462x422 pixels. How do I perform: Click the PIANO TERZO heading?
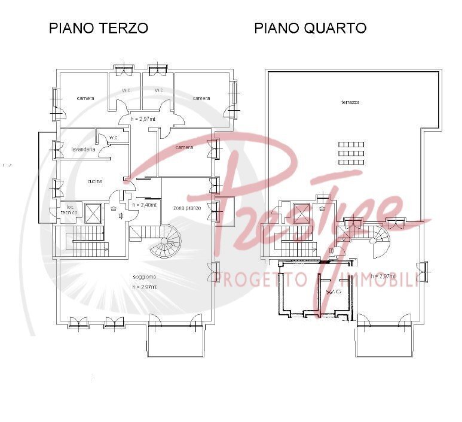pos(98,28)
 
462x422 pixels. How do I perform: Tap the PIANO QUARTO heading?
pos(310,28)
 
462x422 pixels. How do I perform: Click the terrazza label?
pos(350,102)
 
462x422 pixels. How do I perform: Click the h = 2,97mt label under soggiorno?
pos(146,287)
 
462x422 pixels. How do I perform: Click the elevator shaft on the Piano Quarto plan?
pos(302,214)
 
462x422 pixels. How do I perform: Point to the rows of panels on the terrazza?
pos(351,153)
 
